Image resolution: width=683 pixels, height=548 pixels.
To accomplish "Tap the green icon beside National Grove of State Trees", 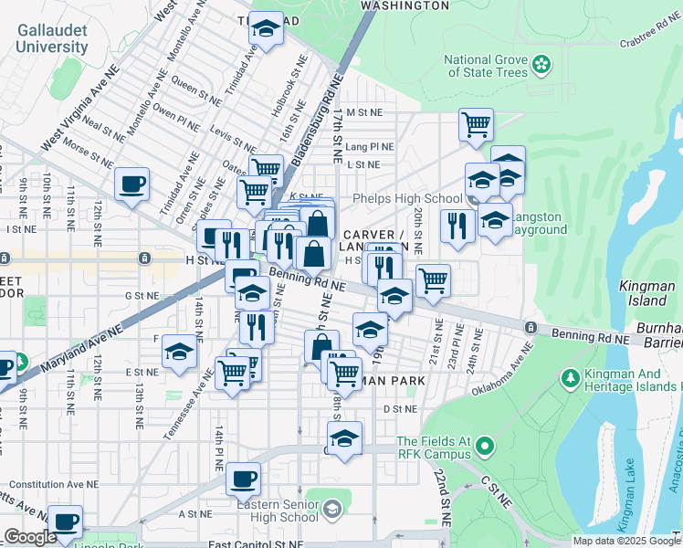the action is point(542,64).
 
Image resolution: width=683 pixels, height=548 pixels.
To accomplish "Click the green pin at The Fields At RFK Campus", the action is point(484,447).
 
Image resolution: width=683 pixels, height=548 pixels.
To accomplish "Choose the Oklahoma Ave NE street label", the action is point(501,370).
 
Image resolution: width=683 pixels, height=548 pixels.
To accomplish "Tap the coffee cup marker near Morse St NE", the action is point(132,184).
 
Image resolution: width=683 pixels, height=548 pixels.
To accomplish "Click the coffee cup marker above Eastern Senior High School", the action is point(243,478).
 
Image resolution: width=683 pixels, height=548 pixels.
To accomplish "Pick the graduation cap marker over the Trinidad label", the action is point(266,28).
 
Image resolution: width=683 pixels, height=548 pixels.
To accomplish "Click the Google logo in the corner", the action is point(30,538).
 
